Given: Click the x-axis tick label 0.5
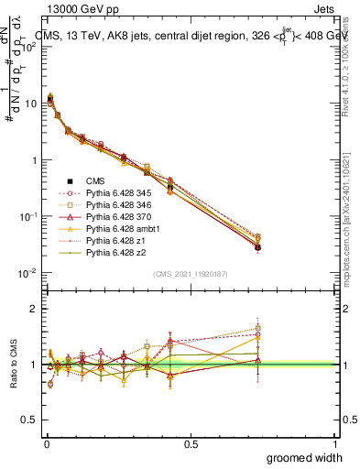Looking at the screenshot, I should coord(191,443).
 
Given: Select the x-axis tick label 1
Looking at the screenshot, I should coord(335,443).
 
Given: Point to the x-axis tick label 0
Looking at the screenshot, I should coord(47,443).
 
